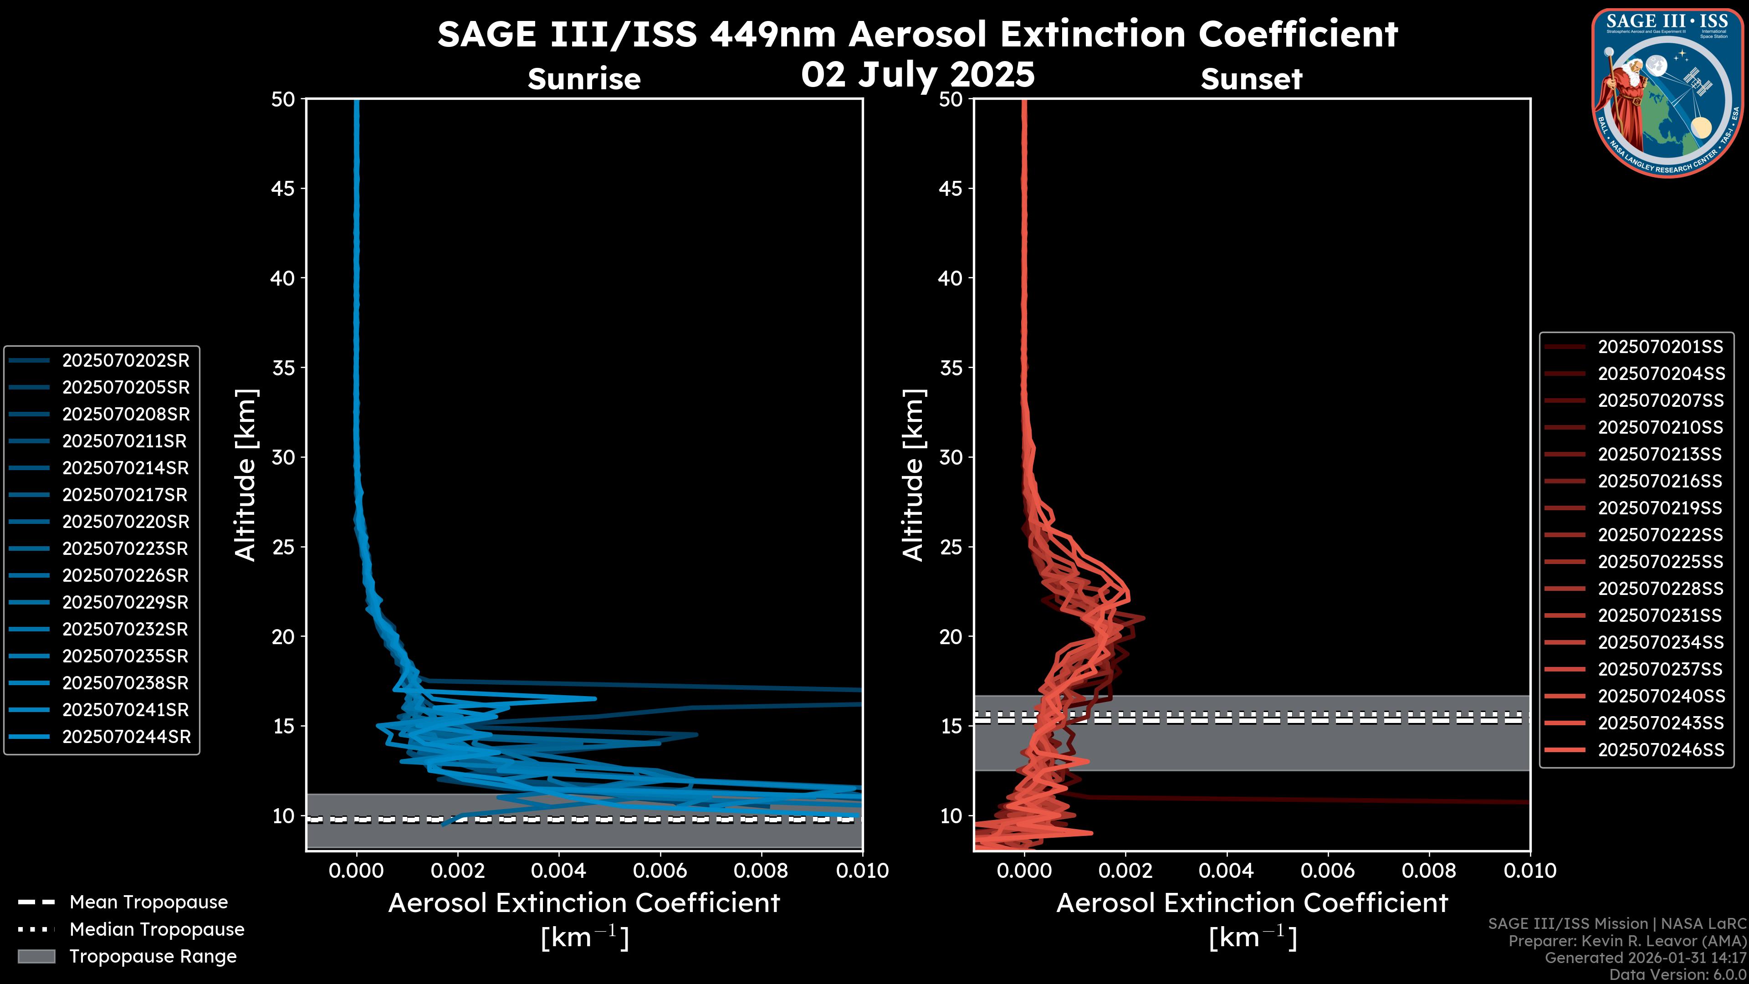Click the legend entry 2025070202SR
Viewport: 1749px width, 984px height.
pyautogui.click(x=126, y=361)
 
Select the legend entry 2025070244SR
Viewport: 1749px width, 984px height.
pyautogui.click(x=126, y=737)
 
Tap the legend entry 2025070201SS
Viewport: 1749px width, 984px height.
pyautogui.click(x=1660, y=347)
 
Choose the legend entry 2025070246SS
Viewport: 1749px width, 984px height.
pyautogui.click(x=1661, y=750)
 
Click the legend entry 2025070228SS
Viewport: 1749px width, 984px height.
pyautogui.click(x=1660, y=589)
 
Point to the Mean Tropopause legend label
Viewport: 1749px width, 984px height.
pyautogui.click(x=148, y=902)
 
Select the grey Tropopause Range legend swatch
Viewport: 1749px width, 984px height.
pyautogui.click(x=36, y=956)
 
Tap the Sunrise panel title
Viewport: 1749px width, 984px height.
pyautogui.click(x=584, y=79)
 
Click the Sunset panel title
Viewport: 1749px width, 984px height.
pyautogui.click(x=1251, y=79)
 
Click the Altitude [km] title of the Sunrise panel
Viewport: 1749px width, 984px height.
pyautogui.click(x=245, y=475)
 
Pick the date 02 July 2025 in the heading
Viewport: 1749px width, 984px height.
pyautogui.click(x=918, y=75)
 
